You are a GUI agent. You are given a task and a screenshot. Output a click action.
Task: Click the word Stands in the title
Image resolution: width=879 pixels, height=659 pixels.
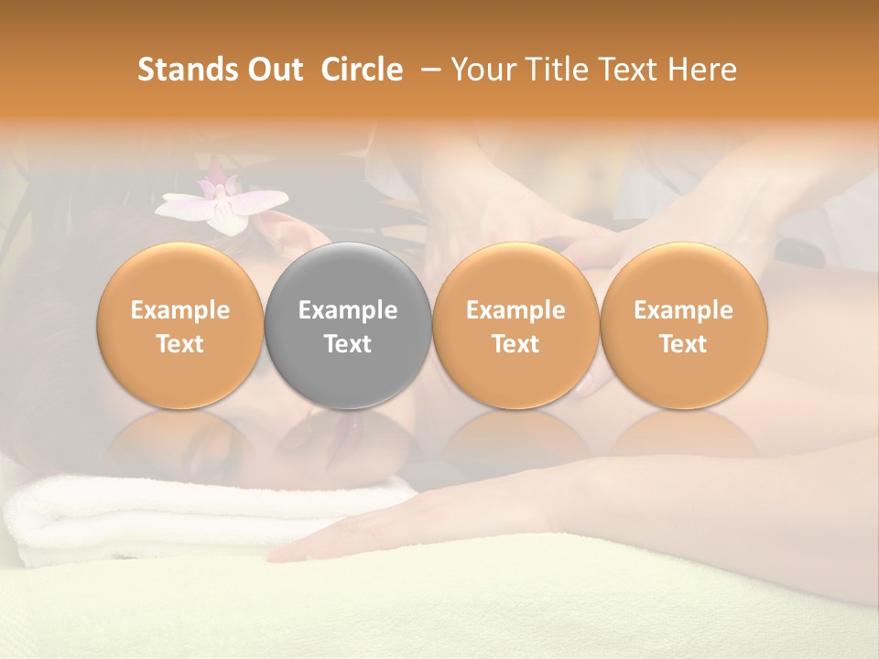click(x=189, y=70)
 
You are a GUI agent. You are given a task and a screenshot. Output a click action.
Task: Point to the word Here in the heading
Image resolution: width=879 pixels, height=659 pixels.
click(x=702, y=70)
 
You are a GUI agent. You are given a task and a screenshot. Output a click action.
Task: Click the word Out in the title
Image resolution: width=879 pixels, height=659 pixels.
click(x=274, y=70)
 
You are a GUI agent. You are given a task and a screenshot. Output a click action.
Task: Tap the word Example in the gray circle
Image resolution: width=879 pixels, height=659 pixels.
click(x=348, y=310)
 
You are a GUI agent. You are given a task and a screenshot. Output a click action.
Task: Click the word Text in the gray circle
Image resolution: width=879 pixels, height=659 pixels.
click(x=348, y=344)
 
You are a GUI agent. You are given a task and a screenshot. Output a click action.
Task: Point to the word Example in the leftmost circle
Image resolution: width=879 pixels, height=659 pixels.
click(x=180, y=310)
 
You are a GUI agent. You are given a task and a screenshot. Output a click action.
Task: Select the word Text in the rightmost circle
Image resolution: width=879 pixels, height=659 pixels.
click(x=683, y=344)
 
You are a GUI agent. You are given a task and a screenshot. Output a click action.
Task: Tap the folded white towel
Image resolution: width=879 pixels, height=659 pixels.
click(x=183, y=517)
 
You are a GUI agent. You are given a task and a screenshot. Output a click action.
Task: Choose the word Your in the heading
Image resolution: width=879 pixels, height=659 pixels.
click(x=481, y=70)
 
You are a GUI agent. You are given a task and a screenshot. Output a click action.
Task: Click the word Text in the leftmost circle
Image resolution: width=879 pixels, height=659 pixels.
click(x=180, y=344)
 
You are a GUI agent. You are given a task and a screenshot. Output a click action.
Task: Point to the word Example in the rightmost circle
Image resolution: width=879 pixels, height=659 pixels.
click(x=683, y=310)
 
